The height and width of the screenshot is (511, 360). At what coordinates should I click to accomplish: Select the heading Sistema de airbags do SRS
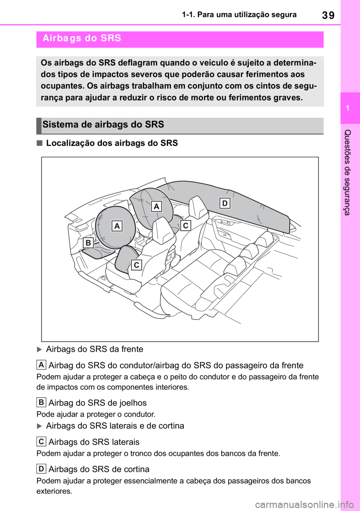pos(103,125)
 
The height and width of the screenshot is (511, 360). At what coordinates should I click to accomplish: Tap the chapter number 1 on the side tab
pos(348,108)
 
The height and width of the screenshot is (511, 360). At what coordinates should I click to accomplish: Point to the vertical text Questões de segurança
pos(348,172)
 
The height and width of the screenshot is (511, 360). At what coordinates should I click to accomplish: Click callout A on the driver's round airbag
pos(117,226)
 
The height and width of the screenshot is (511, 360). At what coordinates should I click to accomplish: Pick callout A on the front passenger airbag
pos(156,206)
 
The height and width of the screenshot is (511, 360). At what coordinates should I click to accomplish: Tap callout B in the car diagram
pos(88,243)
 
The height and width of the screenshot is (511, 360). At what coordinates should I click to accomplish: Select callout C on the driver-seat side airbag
pos(136,265)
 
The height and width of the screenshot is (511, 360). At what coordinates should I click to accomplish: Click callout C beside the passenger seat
pos(185,225)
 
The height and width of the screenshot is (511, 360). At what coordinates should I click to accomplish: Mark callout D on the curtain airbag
pos(225,203)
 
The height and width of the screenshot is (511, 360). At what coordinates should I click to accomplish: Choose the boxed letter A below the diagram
pos(41,365)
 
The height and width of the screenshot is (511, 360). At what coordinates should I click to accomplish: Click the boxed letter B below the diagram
pos(41,403)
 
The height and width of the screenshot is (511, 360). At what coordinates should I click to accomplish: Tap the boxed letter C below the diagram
pos(41,442)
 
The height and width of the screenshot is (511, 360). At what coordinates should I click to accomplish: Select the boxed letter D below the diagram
pos(41,469)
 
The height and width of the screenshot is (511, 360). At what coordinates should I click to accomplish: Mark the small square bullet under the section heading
pos(40,143)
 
